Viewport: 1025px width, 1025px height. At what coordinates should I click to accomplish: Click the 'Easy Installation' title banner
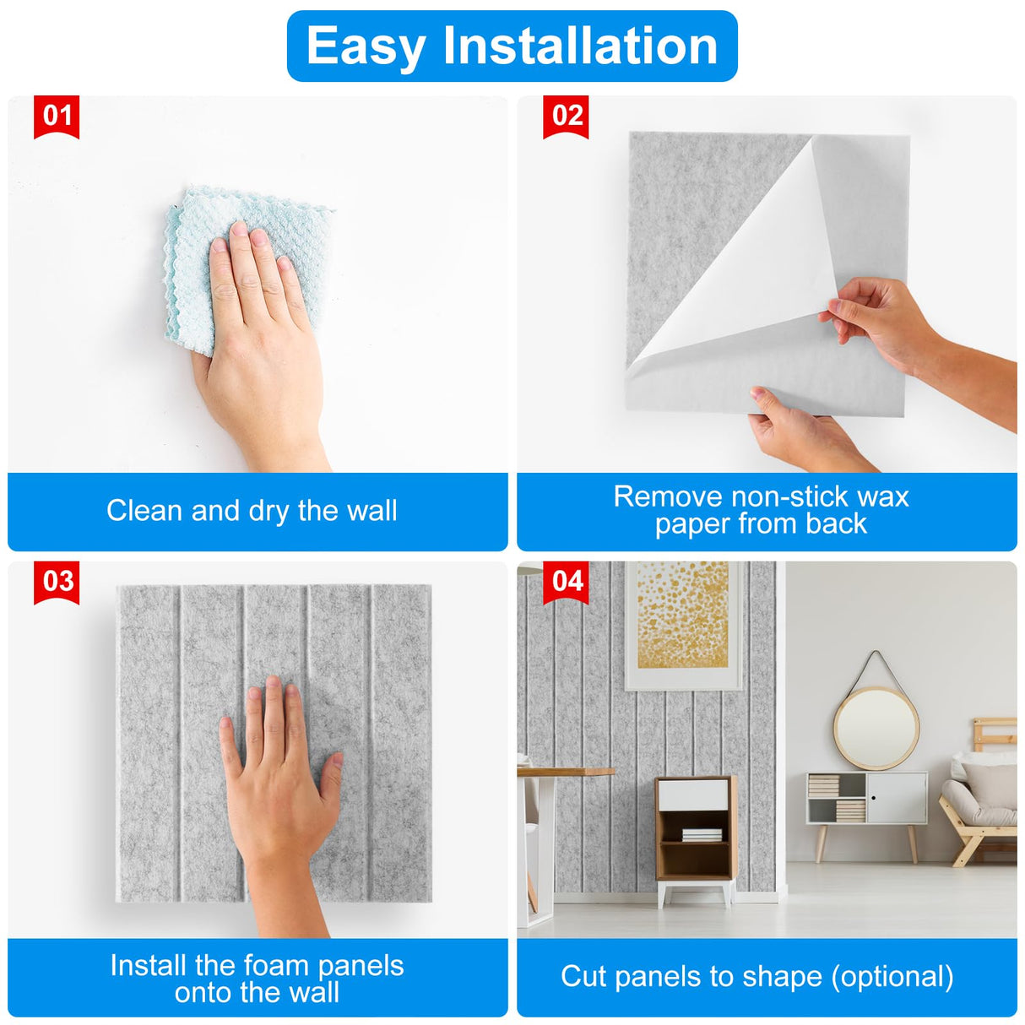click(512, 46)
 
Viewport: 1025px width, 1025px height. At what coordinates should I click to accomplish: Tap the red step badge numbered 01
click(57, 116)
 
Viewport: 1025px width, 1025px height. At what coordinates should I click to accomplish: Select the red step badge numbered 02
click(566, 116)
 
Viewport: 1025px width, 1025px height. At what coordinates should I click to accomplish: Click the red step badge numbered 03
click(57, 582)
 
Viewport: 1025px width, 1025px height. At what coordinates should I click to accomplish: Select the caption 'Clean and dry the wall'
click(252, 511)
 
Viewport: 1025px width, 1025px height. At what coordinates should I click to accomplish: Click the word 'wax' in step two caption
click(881, 496)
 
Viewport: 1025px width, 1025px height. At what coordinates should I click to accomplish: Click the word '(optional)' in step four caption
click(892, 977)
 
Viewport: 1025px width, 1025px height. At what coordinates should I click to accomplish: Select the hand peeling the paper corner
click(878, 321)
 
